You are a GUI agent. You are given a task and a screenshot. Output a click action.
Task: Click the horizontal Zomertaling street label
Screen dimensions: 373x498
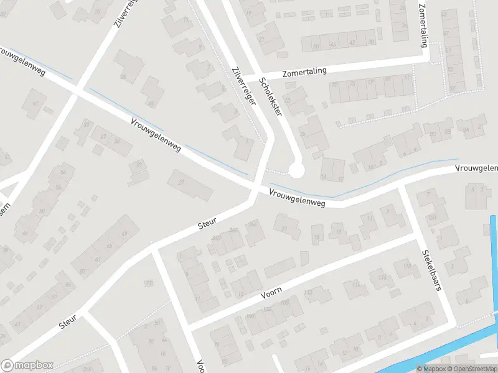click(304, 72)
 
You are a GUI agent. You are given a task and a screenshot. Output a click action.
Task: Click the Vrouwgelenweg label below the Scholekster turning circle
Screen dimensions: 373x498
click(298, 198)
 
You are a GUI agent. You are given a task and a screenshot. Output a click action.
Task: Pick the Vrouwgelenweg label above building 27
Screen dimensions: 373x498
click(156, 135)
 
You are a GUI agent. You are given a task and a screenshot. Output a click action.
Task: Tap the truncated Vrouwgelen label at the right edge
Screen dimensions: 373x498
click(476, 168)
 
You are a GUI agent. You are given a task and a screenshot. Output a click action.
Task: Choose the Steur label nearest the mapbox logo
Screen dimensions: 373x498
click(67, 321)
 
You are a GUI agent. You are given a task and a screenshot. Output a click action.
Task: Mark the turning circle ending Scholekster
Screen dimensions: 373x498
click(296, 170)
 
